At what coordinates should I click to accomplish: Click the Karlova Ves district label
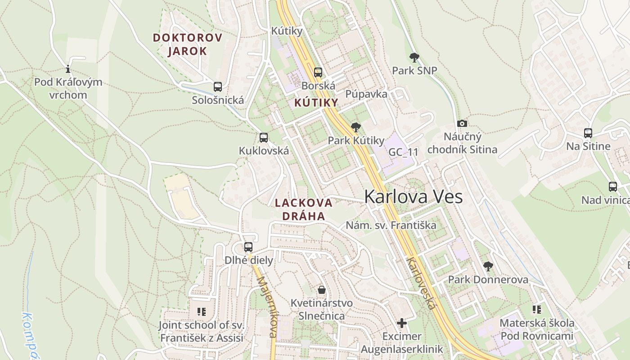(x=413, y=197)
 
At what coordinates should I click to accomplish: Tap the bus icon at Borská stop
(x=318, y=72)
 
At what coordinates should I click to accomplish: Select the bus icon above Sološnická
(x=218, y=86)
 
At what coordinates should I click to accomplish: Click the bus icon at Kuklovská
(x=264, y=138)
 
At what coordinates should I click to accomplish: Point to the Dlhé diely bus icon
(x=248, y=247)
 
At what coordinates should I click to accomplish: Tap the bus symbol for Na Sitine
(x=588, y=133)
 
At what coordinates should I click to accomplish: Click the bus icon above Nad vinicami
(x=612, y=186)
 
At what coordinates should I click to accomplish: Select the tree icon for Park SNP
(x=414, y=57)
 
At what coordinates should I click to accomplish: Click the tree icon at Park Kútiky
(x=356, y=127)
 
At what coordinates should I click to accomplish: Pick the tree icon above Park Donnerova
(x=488, y=266)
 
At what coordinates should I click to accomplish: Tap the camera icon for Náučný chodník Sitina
(x=462, y=123)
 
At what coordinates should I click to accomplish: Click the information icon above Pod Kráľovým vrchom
(x=68, y=69)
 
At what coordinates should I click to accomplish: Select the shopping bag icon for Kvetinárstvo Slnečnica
(x=322, y=289)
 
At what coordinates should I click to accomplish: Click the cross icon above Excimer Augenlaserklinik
(x=401, y=323)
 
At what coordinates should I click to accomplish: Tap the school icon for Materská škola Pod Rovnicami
(x=536, y=309)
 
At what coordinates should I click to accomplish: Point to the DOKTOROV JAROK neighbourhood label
(x=188, y=44)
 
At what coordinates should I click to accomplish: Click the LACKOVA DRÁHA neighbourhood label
(x=303, y=209)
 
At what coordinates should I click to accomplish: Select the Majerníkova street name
(x=266, y=306)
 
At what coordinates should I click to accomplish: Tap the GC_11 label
(x=403, y=152)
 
